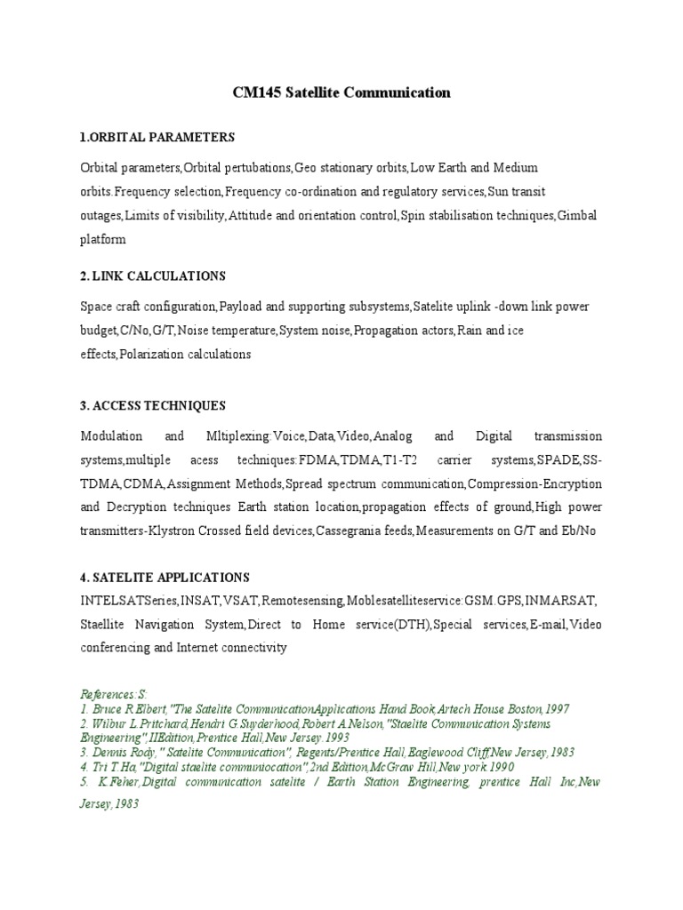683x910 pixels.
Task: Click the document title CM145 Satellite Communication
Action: tap(341, 92)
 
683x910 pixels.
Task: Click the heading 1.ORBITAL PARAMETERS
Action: tap(157, 138)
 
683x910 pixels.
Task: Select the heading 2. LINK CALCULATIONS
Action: tap(153, 276)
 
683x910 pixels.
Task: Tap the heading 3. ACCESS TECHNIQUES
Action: tap(153, 406)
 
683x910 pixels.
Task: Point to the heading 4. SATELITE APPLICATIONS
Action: tap(165, 578)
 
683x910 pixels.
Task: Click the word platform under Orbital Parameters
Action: tap(103, 240)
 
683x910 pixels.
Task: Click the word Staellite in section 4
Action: tap(104, 625)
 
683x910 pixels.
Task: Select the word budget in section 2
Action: tap(98, 331)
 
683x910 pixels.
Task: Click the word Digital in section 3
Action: tap(494, 437)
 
